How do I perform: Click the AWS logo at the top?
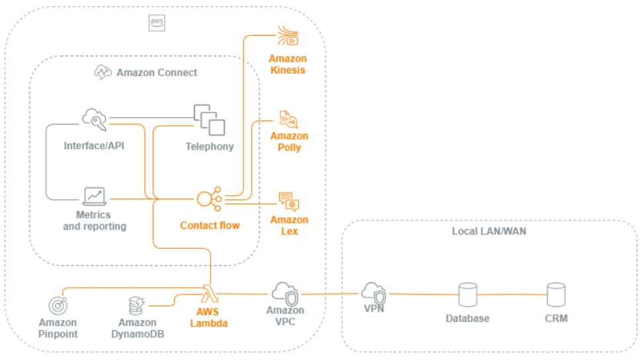click(157, 23)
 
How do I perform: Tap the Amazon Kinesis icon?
click(288, 36)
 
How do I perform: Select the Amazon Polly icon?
click(289, 120)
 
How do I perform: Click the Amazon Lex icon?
click(289, 201)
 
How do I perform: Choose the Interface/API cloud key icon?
click(95, 120)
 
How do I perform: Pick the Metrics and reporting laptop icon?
click(94, 197)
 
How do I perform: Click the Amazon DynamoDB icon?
click(137, 306)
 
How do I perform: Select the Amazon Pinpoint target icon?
click(58, 306)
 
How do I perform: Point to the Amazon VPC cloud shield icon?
click(285, 292)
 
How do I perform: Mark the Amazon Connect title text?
click(157, 73)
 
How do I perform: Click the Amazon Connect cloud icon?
click(103, 72)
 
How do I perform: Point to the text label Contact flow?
click(209, 226)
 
